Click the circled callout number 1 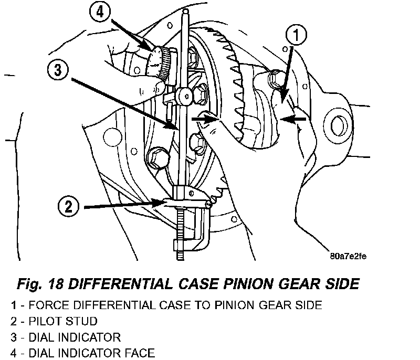(x=296, y=35)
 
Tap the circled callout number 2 (x=69, y=207)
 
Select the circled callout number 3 (x=58, y=70)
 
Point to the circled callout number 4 (x=100, y=12)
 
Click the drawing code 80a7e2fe (x=348, y=257)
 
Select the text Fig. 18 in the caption (x=40, y=284)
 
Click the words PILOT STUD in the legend (x=63, y=321)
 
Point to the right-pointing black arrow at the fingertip (x=205, y=119)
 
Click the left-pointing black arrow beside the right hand (x=293, y=119)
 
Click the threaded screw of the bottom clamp (x=180, y=234)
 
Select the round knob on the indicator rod (x=185, y=96)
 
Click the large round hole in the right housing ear (x=338, y=126)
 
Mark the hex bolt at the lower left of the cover (x=157, y=158)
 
